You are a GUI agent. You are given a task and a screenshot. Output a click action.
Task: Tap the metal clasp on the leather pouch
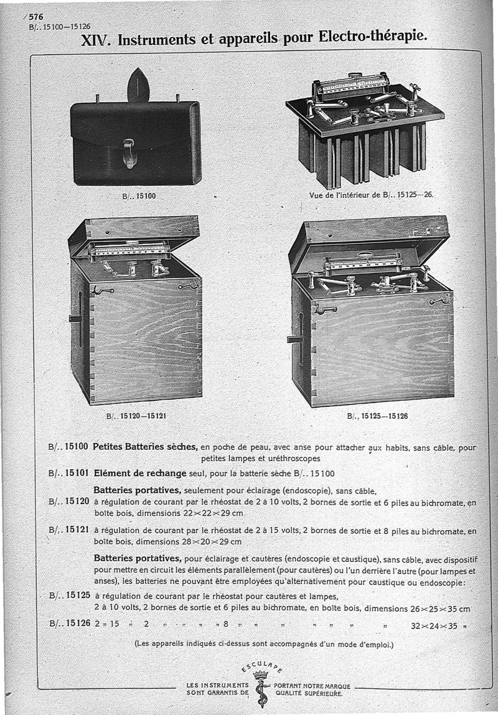(130, 153)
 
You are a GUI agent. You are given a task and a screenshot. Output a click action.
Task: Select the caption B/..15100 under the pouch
(138, 195)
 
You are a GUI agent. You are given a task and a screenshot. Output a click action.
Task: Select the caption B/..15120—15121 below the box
(138, 414)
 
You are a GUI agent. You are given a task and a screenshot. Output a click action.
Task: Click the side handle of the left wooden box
(76, 319)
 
